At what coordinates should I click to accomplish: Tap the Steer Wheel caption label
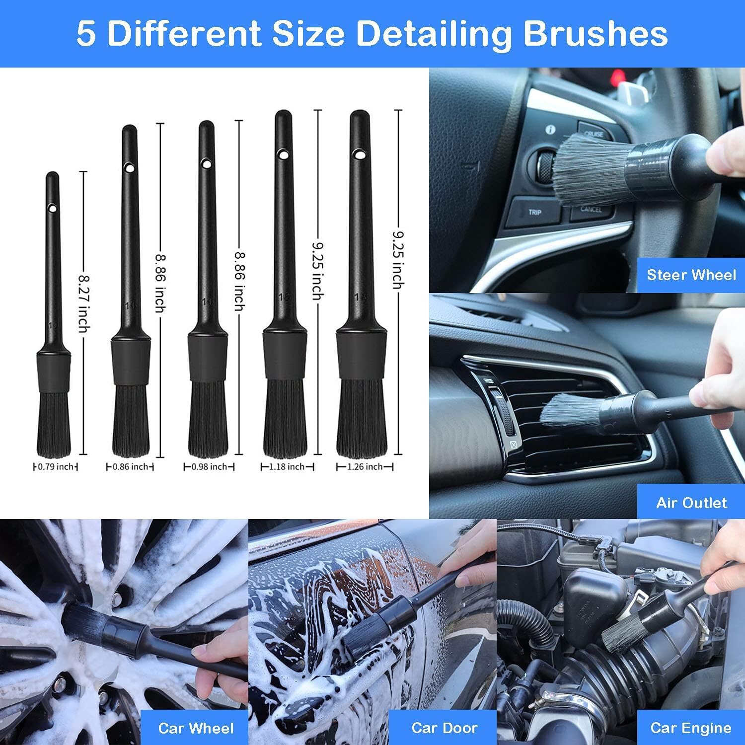tap(691, 275)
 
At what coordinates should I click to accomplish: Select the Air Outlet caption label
tap(691, 502)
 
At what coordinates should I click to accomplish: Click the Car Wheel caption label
tap(195, 728)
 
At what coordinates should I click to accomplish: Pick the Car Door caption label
tap(444, 728)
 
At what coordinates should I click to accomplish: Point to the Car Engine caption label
tap(690, 728)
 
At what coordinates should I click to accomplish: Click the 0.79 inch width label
tap(55, 467)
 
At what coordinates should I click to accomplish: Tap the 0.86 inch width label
tap(130, 467)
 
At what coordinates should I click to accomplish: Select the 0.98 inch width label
tap(209, 467)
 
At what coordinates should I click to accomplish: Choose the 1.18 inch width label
tap(287, 467)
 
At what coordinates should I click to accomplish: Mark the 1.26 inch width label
tap(365, 467)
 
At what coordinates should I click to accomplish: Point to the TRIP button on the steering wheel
tap(534, 212)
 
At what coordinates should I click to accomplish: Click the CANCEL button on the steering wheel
tap(591, 209)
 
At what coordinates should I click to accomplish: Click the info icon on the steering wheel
tap(550, 130)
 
